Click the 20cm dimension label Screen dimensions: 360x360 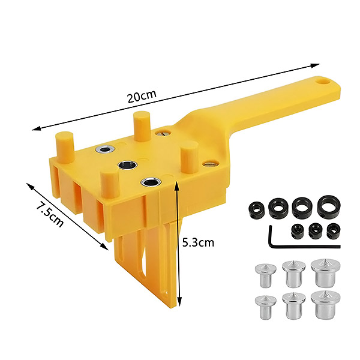tap(142, 96)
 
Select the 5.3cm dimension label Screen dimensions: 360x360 tap(198, 242)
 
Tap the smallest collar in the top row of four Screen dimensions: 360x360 tap(256, 209)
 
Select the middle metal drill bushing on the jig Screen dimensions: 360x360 tap(127, 164)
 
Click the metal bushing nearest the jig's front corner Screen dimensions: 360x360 tap(151, 182)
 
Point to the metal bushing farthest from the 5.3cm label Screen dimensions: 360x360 tap(106, 149)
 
